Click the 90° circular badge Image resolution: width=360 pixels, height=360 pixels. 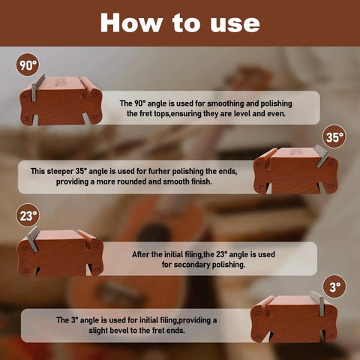[28, 64]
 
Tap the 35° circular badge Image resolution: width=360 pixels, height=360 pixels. [334, 136]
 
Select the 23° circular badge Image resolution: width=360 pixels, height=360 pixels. [28, 215]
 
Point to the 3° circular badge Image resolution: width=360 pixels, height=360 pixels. [334, 286]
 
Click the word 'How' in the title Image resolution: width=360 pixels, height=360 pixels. [131, 22]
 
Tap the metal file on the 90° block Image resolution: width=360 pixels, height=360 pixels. [37, 88]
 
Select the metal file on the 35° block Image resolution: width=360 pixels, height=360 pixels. [322, 156]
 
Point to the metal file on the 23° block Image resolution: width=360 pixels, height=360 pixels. [34, 239]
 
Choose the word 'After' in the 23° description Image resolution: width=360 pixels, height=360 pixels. [141, 254]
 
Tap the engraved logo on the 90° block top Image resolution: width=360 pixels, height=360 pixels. [60, 82]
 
